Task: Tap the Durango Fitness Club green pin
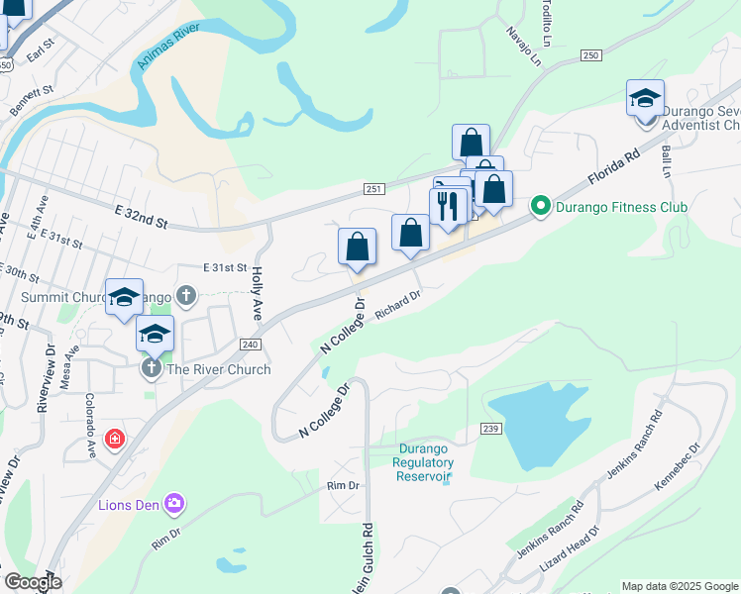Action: tap(540, 207)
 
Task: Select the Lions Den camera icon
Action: tap(174, 504)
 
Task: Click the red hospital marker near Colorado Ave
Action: tap(115, 438)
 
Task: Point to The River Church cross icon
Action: tap(151, 369)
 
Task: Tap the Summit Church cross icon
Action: tap(185, 295)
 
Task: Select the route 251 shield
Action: tap(372, 189)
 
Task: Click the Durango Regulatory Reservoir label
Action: tap(424, 462)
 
